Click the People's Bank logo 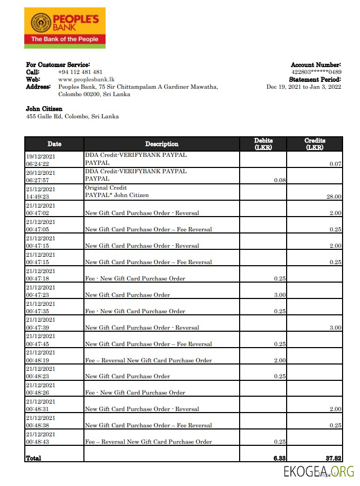(x=64, y=28)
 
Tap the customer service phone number (x=80, y=72)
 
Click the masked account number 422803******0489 (x=316, y=72)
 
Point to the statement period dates (x=304, y=87)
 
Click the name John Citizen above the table (x=44, y=109)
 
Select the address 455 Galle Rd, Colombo (x=72, y=116)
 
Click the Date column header (x=54, y=144)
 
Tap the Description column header (x=162, y=144)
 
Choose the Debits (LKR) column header (x=263, y=144)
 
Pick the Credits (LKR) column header (x=315, y=144)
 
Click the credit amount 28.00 (x=334, y=197)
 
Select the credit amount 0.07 (x=335, y=164)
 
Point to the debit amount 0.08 (x=280, y=180)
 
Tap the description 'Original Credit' (x=106, y=188)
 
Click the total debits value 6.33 (x=280, y=458)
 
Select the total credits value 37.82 (x=333, y=458)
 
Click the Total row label (x=33, y=458)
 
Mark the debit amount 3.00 (x=280, y=295)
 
